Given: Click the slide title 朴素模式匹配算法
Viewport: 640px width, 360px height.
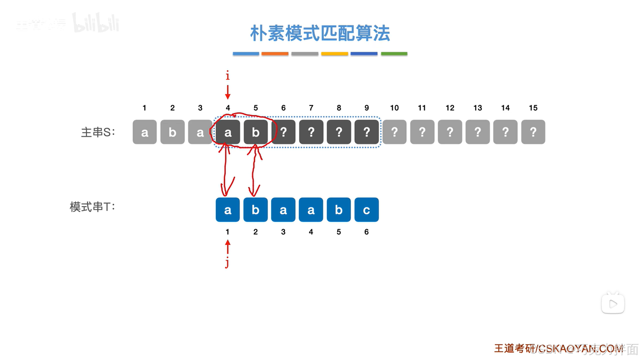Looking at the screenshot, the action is click(320, 33).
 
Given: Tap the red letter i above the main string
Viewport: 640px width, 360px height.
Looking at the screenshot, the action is click(227, 76).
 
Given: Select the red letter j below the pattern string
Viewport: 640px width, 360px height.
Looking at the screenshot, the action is click(227, 263).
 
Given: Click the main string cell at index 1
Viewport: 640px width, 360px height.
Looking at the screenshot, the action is click(144, 132).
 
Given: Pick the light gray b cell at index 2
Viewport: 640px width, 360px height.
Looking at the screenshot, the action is click(172, 132).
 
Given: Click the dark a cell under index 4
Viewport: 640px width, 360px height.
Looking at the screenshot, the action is click(228, 132).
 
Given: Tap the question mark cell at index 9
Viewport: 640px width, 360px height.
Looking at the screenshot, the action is click(367, 132).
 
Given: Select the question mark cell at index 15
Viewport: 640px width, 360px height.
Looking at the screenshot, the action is click(533, 132).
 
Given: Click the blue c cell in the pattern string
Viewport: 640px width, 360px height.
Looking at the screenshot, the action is click(366, 210).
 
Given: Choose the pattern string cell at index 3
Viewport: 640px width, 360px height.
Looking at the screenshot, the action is click(283, 210).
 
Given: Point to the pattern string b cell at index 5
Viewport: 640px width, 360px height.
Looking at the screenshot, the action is click(339, 210).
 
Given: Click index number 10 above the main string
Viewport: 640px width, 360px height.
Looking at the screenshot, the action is click(394, 108).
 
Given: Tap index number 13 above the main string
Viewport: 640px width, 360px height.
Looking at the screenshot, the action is click(478, 108).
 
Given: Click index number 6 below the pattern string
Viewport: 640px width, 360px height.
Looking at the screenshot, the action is click(366, 232).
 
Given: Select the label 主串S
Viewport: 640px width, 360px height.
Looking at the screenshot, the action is click(98, 132).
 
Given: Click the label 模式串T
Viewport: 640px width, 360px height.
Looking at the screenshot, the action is click(92, 207).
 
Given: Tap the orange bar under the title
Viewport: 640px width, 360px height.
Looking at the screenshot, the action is click(275, 54).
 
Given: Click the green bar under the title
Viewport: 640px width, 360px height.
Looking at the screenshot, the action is click(394, 54).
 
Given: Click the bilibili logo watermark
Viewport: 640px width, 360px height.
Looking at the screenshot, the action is click(96, 23).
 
